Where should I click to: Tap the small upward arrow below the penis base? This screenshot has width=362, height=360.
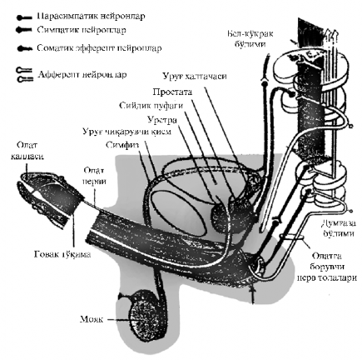coord(251,292)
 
